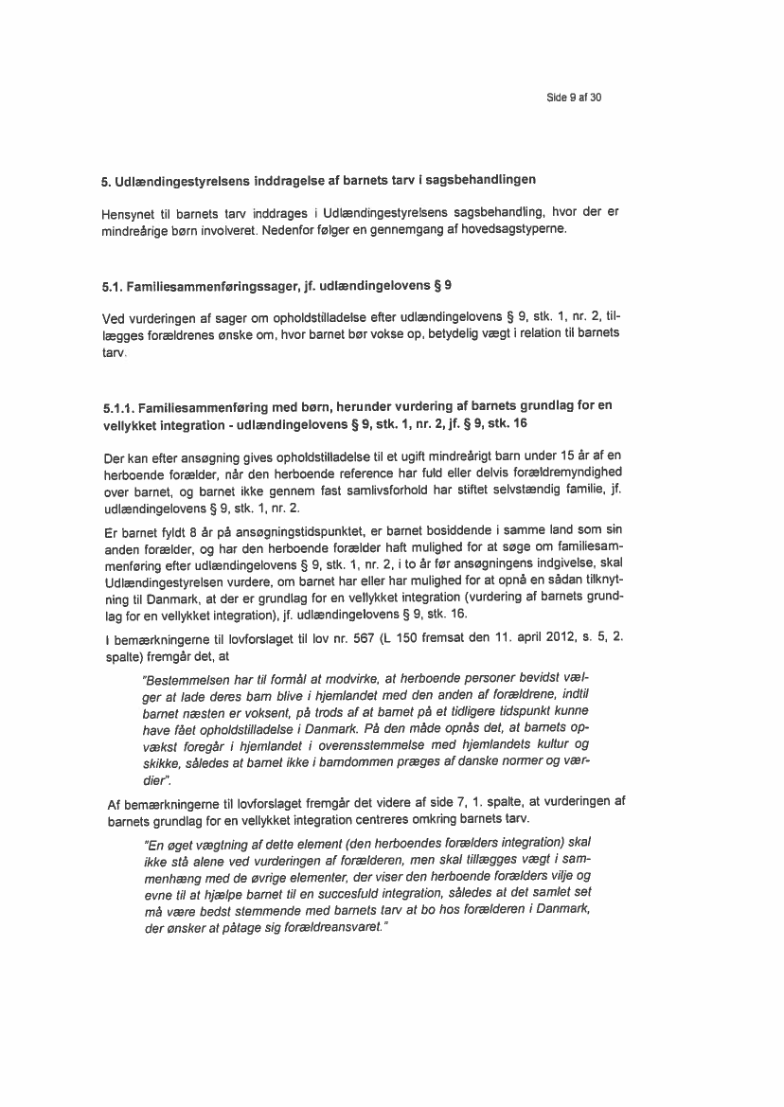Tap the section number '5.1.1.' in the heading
[120, 406]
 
